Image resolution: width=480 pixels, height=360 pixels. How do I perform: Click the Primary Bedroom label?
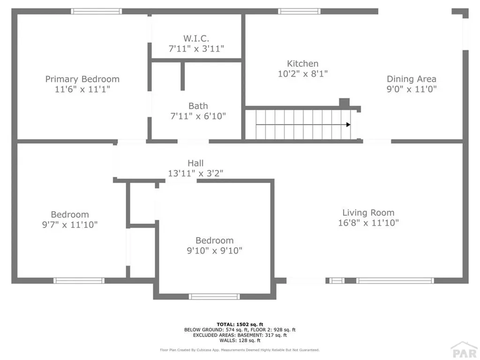[x=82, y=79]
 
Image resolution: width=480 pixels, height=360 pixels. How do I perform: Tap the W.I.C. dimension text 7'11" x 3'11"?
[x=196, y=48]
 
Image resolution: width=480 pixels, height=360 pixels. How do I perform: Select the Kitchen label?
[x=303, y=64]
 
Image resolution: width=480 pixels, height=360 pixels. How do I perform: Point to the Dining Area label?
[x=412, y=79]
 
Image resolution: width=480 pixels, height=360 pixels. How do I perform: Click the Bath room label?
[x=198, y=106]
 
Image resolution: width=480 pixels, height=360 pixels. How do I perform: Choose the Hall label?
[x=195, y=163]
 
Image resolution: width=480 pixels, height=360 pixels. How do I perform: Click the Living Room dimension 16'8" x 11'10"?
[x=368, y=223]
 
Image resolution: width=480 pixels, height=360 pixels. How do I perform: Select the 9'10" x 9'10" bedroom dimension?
[x=214, y=250]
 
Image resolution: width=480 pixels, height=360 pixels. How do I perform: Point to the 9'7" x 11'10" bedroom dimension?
[x=69, y=225]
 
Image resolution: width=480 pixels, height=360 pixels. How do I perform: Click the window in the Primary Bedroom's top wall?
[x=96, y=11]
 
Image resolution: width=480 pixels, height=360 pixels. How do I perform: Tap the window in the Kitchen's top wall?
[x=299, y=11]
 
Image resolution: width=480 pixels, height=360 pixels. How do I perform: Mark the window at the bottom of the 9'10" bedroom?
[x=214, y=296]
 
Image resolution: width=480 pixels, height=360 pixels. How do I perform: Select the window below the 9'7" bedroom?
[x=78, y=281]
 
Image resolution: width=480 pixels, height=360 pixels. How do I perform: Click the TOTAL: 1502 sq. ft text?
[x=240, y=324]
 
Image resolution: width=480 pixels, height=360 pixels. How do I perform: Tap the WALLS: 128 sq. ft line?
[x=240, y=340]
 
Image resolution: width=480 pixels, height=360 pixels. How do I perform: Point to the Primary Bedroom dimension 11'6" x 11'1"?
[x=82, y=89]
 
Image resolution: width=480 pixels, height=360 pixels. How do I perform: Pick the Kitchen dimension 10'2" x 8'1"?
[x=303, y=74]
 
